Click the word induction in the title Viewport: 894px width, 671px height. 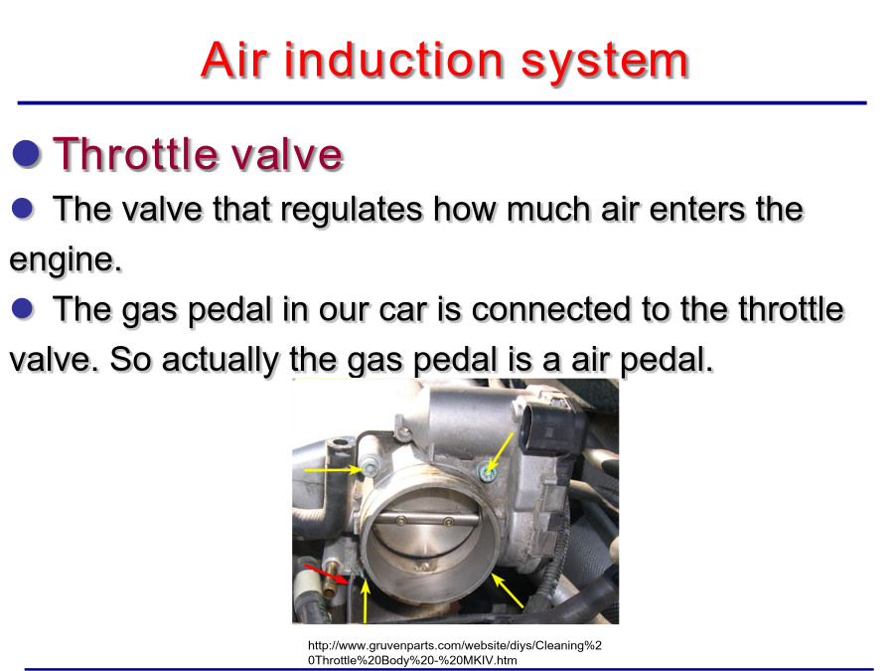tap(393, 60)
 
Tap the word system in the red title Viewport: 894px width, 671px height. tap(605, 63)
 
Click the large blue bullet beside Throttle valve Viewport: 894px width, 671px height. tap(26, 153)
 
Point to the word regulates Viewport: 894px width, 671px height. tap(352, 209)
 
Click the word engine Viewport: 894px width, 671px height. tap(66, 259)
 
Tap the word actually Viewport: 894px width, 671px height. tap(221, 360)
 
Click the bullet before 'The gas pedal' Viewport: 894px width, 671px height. tap(22, 309)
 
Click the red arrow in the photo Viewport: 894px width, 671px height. tap(326, 574)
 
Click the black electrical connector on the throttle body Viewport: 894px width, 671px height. tap(552, 426)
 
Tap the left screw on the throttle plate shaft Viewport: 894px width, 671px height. tap(401, 520)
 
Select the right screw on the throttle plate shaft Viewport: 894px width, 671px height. tap(448, 522)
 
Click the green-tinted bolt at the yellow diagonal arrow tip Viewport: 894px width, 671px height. tap(486, 473)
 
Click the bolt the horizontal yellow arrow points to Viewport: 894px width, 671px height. tap(370, 468)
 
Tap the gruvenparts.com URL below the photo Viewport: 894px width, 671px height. tap(454, 653)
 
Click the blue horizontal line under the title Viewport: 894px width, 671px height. tap(442, 103)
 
